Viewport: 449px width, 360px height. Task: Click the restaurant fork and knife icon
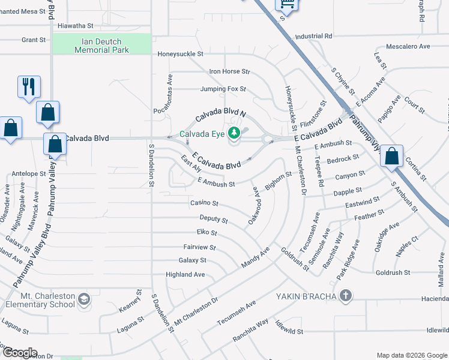coord(28,87)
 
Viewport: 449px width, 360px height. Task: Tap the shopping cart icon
coord(286,4)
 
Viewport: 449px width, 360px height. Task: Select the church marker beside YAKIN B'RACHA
coord(345,295)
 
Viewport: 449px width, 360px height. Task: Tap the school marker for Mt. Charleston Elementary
coord(84,298)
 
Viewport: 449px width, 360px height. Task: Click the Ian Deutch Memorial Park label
coord(101,46)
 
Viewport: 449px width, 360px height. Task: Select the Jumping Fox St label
coord(223,89)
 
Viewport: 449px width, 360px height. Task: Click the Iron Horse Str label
coord(229,71)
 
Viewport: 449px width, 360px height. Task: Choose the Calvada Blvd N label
coord(221,112)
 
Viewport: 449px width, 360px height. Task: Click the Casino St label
coord(204,203)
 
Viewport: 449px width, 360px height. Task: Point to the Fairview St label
coord(199,247)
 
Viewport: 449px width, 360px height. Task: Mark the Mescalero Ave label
coord(408,46)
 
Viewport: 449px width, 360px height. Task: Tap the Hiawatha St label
coord(75,26)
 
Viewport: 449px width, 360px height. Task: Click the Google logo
coord(19,353)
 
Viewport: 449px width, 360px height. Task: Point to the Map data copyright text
coord(411,355)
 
